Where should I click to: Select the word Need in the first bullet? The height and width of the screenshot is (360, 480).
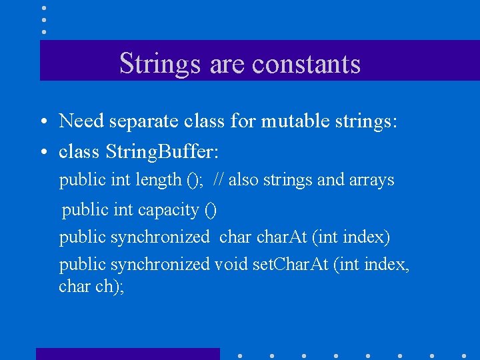[x=81, y=121]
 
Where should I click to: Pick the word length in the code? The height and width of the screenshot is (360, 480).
[x=159, y=180]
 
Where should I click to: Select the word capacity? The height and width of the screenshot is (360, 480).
[x=168, y=210]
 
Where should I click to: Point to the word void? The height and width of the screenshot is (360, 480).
[x=231, y=265]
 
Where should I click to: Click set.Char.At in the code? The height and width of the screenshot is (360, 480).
[x=291, y=265]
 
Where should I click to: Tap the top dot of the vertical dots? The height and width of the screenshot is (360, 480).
[x=44, y=8]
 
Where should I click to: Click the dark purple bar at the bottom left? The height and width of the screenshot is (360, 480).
[x=127, y=354]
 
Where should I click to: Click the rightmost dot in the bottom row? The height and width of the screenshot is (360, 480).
[x=464, y=355]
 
